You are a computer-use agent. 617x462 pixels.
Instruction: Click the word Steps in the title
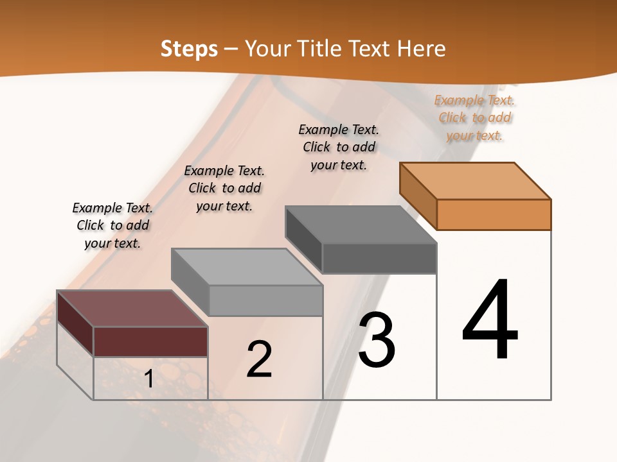[189, 49]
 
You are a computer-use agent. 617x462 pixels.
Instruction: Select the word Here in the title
[421, 49]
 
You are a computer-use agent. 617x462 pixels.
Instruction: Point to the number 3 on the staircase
[377, 340]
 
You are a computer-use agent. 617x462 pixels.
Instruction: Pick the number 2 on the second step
[259, 359]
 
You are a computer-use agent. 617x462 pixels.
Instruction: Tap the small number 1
[148, 379]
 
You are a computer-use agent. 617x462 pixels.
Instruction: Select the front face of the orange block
[494, 214]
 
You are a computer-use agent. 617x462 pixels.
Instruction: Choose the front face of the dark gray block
[379, 259]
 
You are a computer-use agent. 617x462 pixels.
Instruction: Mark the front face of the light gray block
[265, 300]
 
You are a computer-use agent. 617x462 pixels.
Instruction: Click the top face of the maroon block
[132, 309]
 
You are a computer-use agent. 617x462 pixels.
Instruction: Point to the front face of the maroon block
[150, 341]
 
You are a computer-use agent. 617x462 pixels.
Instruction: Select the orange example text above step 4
[474, 117]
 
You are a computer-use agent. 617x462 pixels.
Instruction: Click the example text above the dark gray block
[339, 147]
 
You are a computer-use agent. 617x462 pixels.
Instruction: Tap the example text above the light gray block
[224, 188]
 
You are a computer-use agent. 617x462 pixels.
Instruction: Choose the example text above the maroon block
[112, 225]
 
